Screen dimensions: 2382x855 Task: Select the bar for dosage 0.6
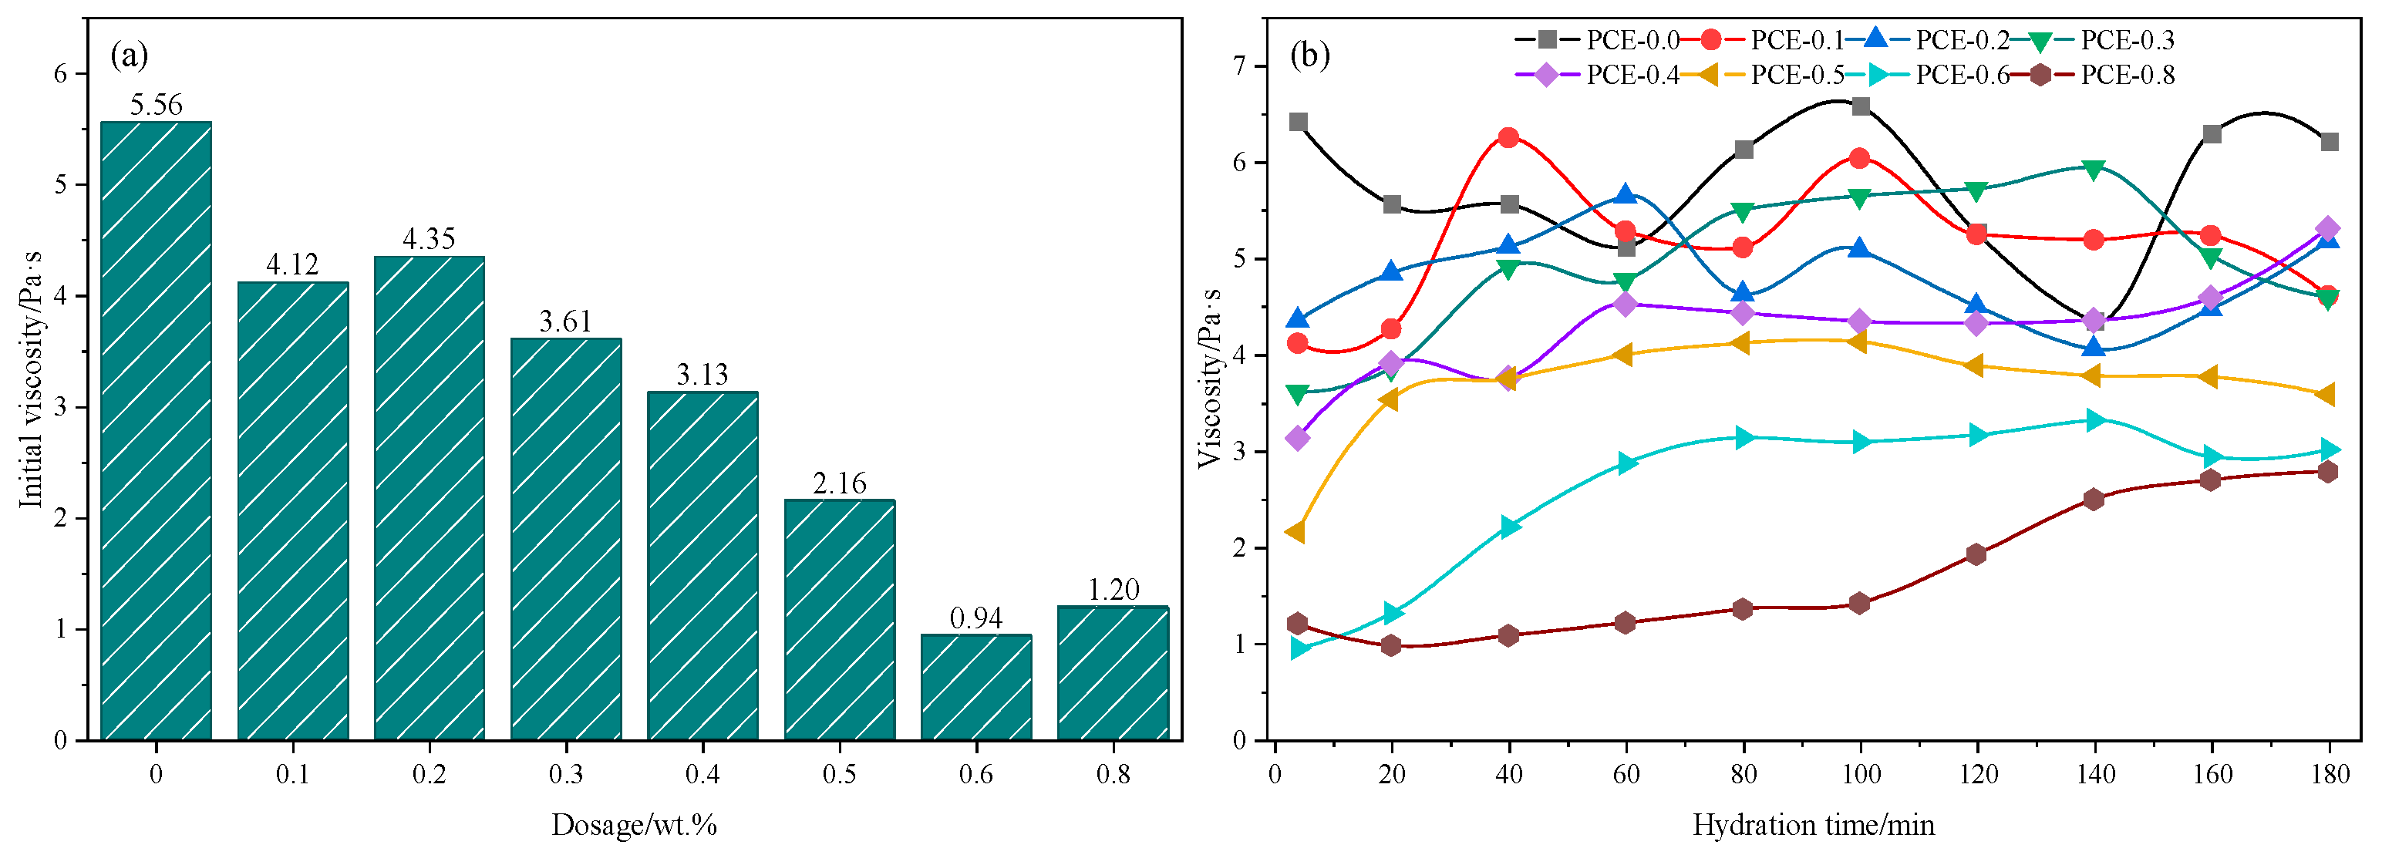pyautogui.click(x=975, y=688)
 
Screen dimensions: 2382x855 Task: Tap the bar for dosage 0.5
pyautogui.click(x=839, y=620)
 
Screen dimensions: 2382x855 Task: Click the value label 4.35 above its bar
pyautogui.click(x=429, y=240)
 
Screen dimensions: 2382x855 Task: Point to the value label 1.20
pyautogui.click(x=1114, y=590)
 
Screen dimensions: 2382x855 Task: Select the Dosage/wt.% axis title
pyautogui.click(x=635, y=824)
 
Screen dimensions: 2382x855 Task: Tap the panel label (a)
pyautogui.click(x=129, y=56)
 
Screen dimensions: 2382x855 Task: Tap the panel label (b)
pyautogui.click(x=1309, y=56)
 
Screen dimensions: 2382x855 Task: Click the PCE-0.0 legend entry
pyautogui.click(x=1596, y=40)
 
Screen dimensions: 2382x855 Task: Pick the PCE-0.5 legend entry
pyautogui.click(x=1761, y=75)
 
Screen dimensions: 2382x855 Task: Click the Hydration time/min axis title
pyautogui.click(x=1814, y=824)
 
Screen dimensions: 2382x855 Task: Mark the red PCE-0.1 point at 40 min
pyautogui.click(x=1508, y=138)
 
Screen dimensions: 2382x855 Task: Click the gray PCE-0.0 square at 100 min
pyautogui.click(x=1861, y=106)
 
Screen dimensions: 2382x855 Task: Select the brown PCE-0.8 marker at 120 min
pyautogui.click(x=1977, y=554)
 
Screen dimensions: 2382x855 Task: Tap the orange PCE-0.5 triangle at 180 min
pyautogui.click(x=2326, y=395)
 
